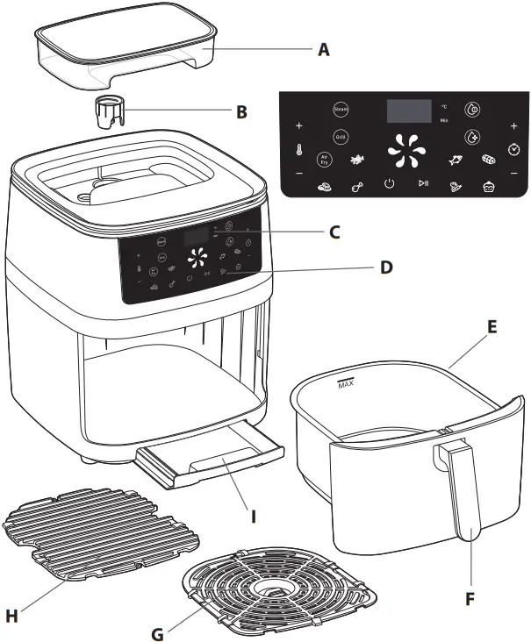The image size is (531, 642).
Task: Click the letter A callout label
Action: tap(323, 51)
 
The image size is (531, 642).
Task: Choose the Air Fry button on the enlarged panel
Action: tap(324, 160)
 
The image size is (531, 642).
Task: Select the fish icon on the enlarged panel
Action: tap(455, 160)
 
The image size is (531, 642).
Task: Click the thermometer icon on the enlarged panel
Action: tap(299, 150)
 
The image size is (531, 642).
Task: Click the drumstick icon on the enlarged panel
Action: tap(356, 185)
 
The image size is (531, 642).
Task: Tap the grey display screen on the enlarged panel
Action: tap(409, 111)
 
